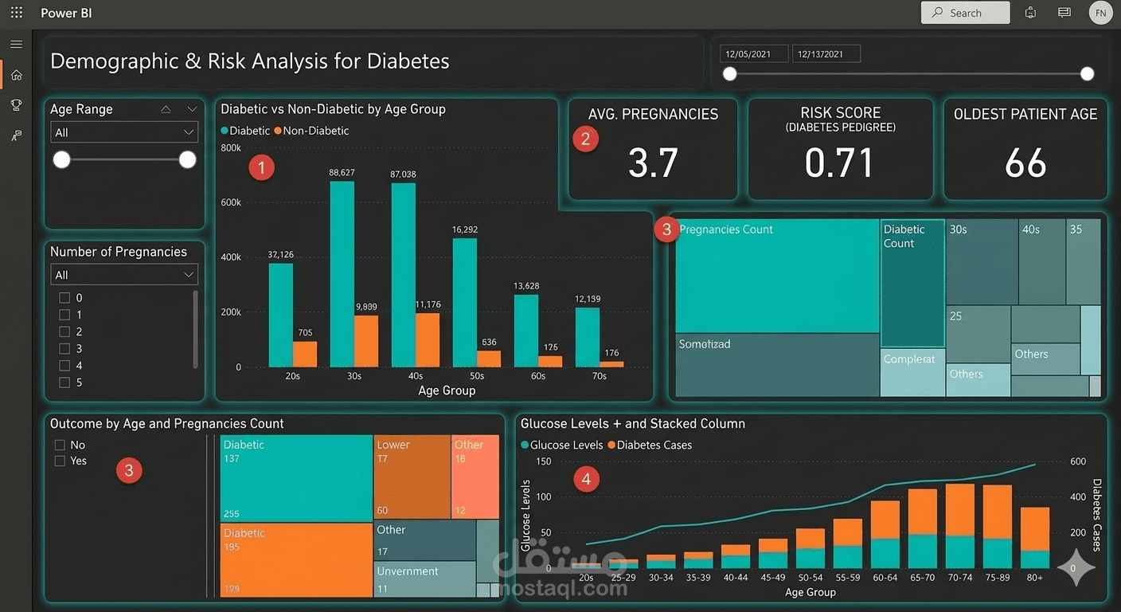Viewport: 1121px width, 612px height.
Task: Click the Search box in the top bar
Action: tap(965, 13)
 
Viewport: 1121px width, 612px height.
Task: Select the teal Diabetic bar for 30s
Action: tap(342, 274)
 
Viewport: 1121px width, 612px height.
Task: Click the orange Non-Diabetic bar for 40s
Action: tap(427, 340)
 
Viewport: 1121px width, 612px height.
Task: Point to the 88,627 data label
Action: tap(342, 172)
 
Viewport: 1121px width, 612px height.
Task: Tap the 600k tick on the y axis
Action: tap(231, 202)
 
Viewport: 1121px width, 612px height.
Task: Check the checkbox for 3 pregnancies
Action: tap(65, 348)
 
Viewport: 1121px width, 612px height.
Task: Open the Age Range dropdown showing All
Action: tap(123, 132)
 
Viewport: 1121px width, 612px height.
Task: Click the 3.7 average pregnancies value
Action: tap(653, 163)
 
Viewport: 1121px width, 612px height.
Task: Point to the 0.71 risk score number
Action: tap(839, 163)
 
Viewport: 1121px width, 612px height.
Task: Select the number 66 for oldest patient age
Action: tap(1025, 163)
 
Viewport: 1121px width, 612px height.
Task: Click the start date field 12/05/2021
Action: tap(753, 54)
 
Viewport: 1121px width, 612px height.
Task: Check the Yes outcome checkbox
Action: tap(60, 461)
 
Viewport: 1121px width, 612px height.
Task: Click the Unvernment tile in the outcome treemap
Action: tap(425, 579)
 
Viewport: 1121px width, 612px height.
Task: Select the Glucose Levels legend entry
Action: tap(562, 445)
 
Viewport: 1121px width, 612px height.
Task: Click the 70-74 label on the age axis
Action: tap(959, 578)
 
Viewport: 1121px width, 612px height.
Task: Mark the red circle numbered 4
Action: tap(587, 479)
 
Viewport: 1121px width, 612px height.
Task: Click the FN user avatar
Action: tap(1100, 13)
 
